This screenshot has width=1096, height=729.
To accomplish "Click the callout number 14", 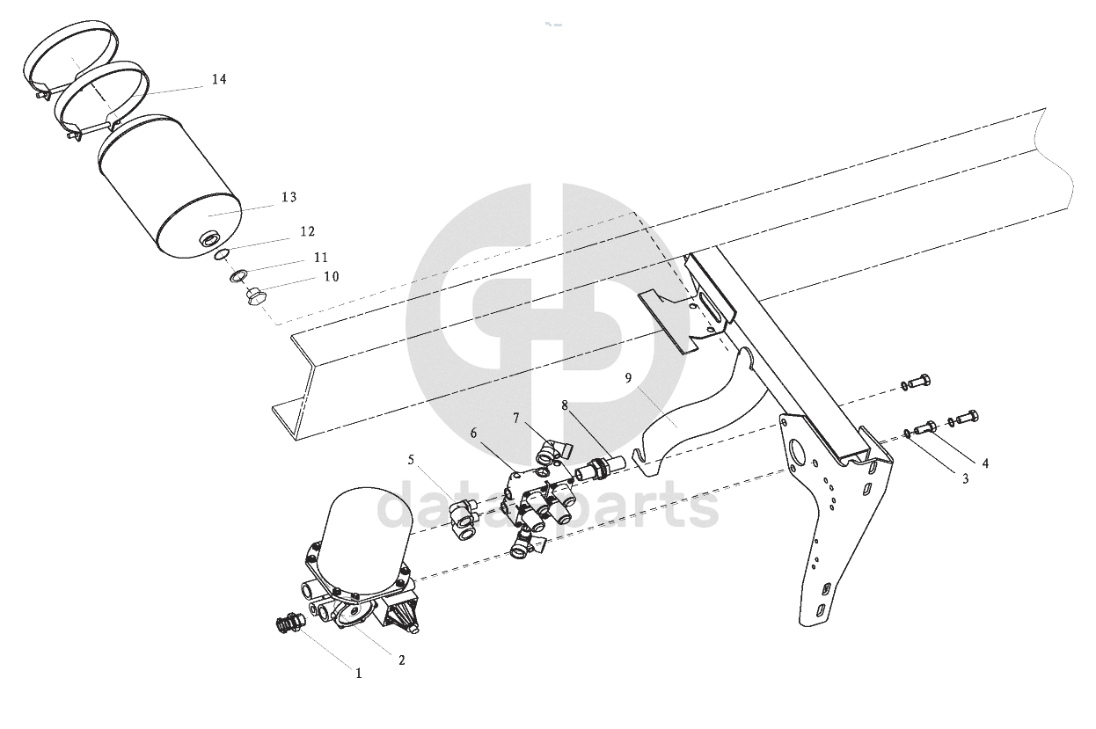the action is tap(219, 79).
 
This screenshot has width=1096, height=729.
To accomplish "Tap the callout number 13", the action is tap(289, 197).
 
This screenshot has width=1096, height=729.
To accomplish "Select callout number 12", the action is tap(307, 231).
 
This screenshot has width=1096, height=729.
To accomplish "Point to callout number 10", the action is tap(332, 277).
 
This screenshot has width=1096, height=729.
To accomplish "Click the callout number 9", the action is tap(628, 378).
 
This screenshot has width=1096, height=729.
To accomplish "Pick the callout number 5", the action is tap(411, 460).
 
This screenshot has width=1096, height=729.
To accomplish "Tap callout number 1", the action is tap(359, 674).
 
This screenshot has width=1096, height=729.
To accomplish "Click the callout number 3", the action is tap(965, 479).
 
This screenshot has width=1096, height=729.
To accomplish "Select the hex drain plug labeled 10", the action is tap(255, 296).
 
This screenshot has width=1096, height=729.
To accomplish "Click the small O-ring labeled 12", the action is tap(222, 254).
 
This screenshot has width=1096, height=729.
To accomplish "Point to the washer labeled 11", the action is tap(238, 277).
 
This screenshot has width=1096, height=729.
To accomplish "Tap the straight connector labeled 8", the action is tap(599, 469).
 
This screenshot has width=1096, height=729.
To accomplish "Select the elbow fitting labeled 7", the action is tap(552, 448).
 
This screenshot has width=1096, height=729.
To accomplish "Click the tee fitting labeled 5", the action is tap(464, 520).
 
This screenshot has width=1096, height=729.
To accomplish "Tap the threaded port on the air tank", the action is tap(209, 240).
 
